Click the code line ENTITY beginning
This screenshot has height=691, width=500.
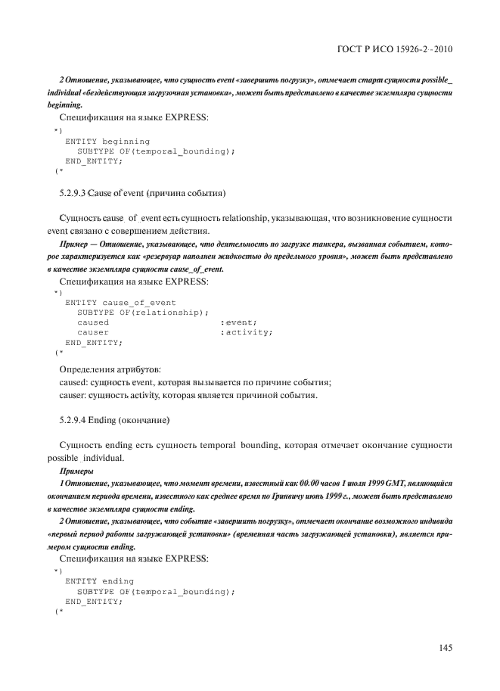coord(107,142)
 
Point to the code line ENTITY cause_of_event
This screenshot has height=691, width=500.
coord(121,302)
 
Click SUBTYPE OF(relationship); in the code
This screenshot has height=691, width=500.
coord(143,312)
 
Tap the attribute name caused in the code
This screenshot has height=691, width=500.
coord(93,322)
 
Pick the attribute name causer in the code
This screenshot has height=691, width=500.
coord(93,331)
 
